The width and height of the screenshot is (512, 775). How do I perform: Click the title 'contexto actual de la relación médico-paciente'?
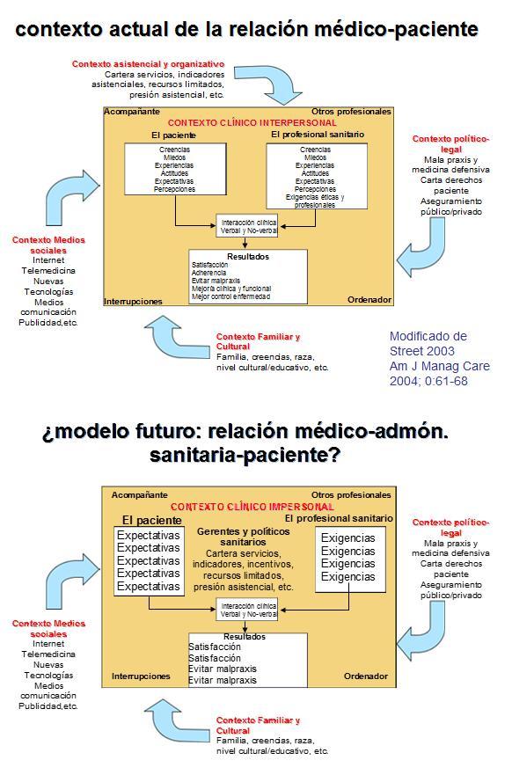coord(246,29)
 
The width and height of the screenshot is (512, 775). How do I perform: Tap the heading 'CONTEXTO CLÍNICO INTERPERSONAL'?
coord(252,123)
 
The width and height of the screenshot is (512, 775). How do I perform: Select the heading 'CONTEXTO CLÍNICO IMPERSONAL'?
coord(252,507)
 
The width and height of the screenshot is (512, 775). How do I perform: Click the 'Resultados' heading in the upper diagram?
coord(248,257)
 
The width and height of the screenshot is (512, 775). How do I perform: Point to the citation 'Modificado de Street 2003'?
coord(428,343)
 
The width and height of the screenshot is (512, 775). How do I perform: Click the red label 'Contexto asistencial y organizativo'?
coord(148,64)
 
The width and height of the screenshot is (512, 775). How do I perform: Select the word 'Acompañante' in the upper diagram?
coord(132,112)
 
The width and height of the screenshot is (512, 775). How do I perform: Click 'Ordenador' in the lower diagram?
coord(365,676)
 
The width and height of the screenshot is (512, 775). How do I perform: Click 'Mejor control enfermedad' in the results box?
coord(230,296)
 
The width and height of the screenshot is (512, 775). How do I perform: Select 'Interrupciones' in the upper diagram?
coord(134,301)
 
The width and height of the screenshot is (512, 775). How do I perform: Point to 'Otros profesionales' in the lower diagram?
coord(351,495)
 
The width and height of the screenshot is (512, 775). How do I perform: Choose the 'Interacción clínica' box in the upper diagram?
coord(247,226)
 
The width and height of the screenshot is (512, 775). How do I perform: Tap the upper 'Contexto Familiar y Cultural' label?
coord(258,341)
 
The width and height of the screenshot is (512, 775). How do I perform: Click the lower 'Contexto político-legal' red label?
coord(450,527)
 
